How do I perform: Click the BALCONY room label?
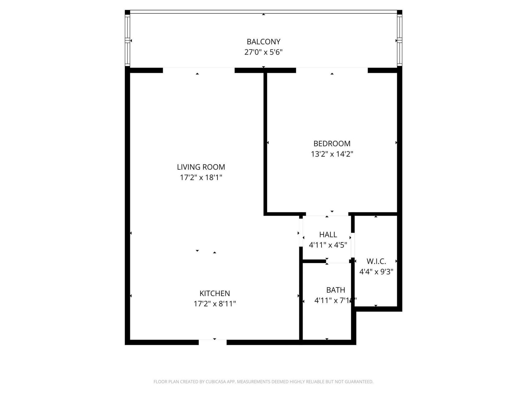point(263,42)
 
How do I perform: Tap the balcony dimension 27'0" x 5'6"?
point(263,52)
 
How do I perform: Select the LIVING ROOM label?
point(201,167)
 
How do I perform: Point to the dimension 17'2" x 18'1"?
point(201,177)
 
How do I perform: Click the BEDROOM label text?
point(332,143)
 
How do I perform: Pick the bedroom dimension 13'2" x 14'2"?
point(332,154)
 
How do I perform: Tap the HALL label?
point(328,235)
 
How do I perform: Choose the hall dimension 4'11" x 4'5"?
point(328,245)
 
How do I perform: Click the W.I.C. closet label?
point(376,261)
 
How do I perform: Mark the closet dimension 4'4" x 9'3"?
point(376,272)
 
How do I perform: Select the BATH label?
point(335,290)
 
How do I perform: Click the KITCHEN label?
point(215,294)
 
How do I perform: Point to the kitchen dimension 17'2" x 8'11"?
point(215,304)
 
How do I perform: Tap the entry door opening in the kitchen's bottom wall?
point(213,342)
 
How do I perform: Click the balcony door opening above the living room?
point(199,70)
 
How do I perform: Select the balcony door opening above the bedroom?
point(332,70)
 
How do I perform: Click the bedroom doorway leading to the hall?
point(327,214)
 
